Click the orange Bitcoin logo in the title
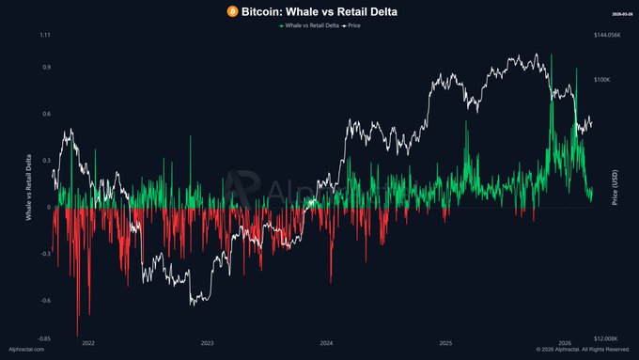(x=230, y=10)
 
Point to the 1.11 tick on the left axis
(x=44, y=35)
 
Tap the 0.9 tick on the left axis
(x=45, y=68)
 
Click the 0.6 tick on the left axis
(x=45, y=114)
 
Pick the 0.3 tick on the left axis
(x=45, y=161)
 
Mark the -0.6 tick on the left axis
(x=44, y=301)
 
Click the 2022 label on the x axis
(x=87, y=344)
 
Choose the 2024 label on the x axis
(x=326, y=344)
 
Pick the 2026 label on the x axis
(x=566, y=344)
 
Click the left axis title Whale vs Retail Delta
(x=28, y=188)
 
